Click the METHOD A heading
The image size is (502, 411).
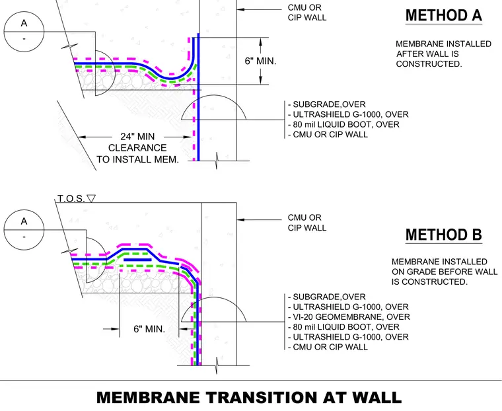pyautogui.click(x=444, y=15)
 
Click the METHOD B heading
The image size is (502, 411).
pyautogui.click(x=444, y=235)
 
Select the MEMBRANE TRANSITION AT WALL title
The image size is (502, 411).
pyautogui.click(x=249, y=397)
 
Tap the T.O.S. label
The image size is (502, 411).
pyautogui.click(x=71, y=199)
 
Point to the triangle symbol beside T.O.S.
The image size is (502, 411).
pyautogui.click(x=91, y=198)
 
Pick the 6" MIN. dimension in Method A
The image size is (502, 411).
pyautogui.click(x=260, y=61)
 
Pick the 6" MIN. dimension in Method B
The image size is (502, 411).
pyautogui.click(x=149, y=329)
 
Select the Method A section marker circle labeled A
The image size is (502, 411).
pyautogui.click(x=24, y=32)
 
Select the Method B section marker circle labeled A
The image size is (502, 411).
pyautogui.click(x=24, y=230)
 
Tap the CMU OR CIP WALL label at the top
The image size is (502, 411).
pyautogui.click(x=306, y=13)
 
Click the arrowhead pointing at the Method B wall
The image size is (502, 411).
pyautogui.click(x=240, y=220)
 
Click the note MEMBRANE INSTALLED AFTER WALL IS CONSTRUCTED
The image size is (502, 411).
pyautogui.click(x=443, y=54)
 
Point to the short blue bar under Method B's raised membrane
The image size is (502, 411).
pyautogui.click(x=137, y=260)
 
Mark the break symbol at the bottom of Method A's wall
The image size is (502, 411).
pyautogui.click(x=217, y=161)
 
